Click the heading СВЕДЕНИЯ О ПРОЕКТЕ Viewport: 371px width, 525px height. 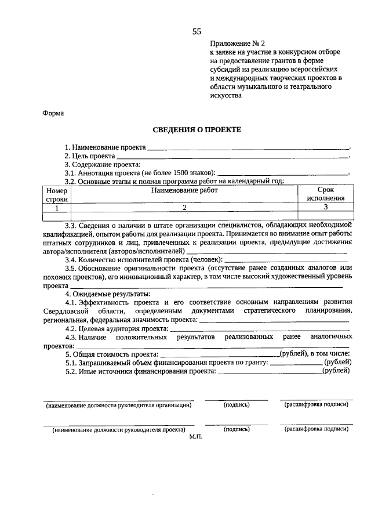(x=197, y=131)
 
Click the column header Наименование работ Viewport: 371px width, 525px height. (x=184, y=190)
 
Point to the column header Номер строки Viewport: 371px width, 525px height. (x=57, y=194)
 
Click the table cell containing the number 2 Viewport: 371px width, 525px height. (x=184, y=207)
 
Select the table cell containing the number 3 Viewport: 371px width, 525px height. (x=326, y=207)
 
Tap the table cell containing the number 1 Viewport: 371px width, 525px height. (x=57, y=207)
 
